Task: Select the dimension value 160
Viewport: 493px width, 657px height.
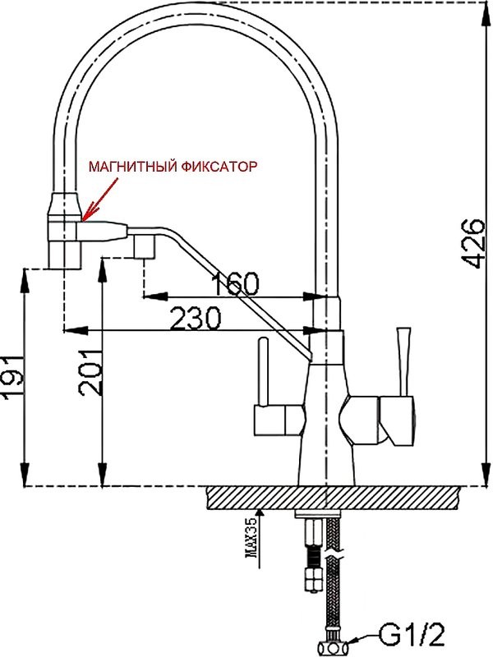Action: coord(235,283)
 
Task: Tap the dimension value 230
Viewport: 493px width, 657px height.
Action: coord(196,318)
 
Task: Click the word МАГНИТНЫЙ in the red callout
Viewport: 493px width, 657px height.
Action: coord(132,167)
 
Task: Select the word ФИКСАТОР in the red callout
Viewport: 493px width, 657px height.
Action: coord(219,167)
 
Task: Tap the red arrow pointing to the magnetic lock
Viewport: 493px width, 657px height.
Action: coord(100,199)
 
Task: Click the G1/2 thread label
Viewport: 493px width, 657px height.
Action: coord(411,635)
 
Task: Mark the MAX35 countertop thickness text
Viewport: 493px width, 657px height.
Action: coord(252,543)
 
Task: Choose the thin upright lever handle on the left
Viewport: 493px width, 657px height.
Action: coord(263,371)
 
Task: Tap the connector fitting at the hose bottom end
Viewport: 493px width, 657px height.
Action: coord(332,647)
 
